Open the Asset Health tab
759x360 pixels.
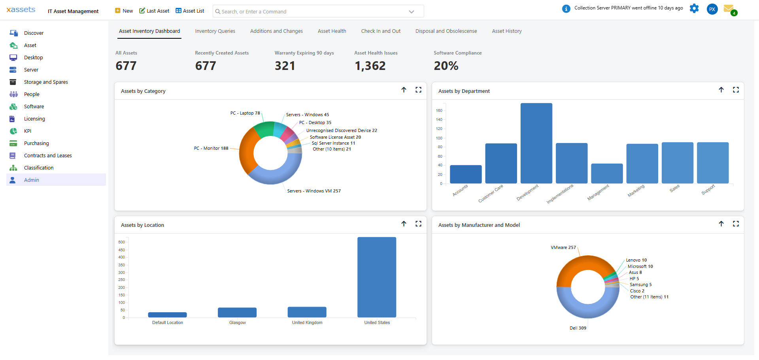[332, 31]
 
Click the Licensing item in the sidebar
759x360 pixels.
[34, 119]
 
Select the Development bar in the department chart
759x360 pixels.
[536, 143]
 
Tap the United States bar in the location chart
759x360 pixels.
[376, 277]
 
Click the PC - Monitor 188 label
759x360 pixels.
[211, 149]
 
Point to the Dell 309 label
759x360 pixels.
[578, 328]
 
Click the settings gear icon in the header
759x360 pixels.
[694, 9]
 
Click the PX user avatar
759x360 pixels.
[712, 9]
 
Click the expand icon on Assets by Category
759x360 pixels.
[418, 90]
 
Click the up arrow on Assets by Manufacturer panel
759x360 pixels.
[721, 224]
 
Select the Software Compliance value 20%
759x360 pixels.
[446, 66]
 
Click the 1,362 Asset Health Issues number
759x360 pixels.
[370, 66]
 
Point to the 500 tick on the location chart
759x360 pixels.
[121, 242]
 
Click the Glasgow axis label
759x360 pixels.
[237, 323]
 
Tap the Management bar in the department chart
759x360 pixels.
[606, 173]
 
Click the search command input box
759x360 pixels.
[312, 12]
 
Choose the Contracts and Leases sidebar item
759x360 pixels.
[48, 156]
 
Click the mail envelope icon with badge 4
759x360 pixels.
[728, 9]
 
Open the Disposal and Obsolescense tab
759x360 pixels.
[446, 31]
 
